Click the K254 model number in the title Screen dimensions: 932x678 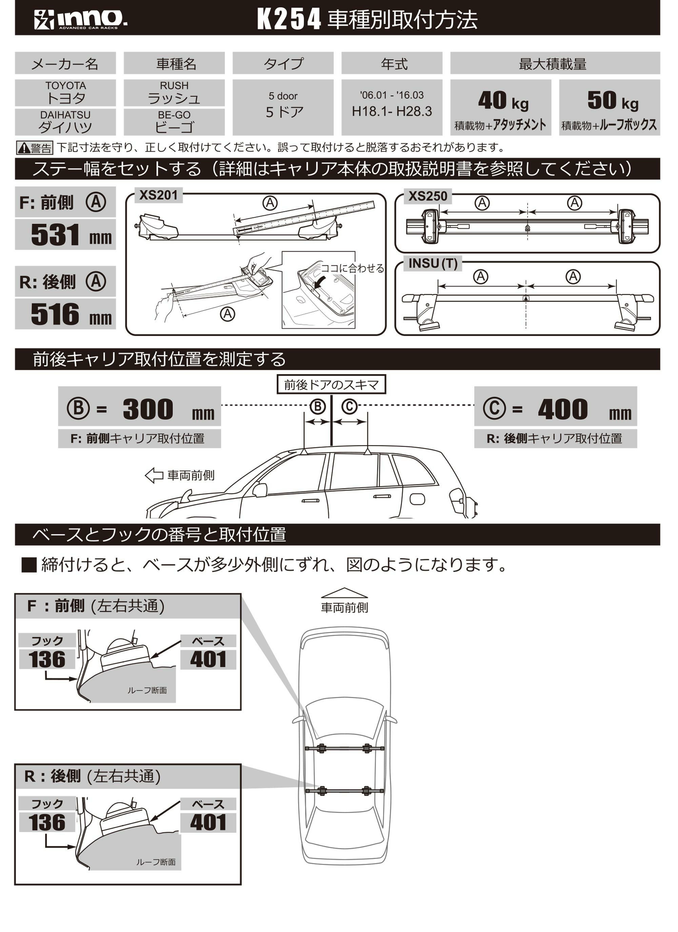pos(288,19)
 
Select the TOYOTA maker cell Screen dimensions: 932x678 pos(65,93)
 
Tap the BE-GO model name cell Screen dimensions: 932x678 pos(174,122)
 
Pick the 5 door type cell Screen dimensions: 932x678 pos(283,107)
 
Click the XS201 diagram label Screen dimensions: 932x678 pos(158,195)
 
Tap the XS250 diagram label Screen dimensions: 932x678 pos(427,197)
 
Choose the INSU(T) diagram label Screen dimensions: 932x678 pos(433,263)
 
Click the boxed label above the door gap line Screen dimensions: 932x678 pos(331,385)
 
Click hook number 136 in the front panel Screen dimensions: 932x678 pos(47,660)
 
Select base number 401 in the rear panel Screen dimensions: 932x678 pos(208,822)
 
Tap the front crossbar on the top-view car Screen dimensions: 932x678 pos(344,748)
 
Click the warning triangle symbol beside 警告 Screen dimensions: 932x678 pos(23,147)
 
